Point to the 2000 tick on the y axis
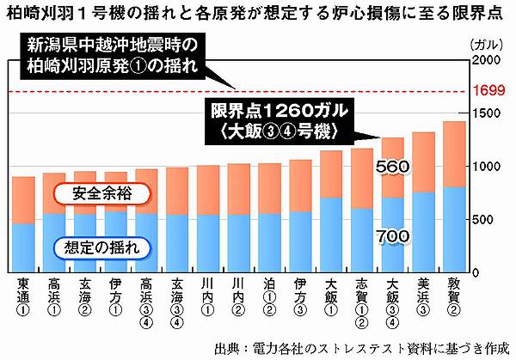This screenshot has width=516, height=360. [488, 59]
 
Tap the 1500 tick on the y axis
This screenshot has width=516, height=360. [488, 113]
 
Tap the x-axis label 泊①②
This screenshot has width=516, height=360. [269, 297]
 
